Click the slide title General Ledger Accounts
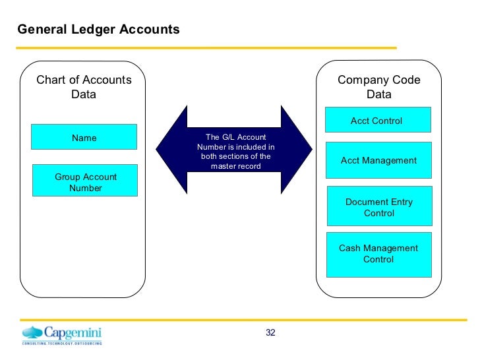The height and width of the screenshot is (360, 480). click(x=98, y=30)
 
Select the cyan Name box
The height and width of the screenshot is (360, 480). click(x=84, y=137)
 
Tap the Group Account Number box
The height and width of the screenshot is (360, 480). click(x=86, y=182)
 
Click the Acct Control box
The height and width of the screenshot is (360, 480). click(x=376, y=121)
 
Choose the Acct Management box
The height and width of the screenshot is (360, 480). click(x=378, y=160)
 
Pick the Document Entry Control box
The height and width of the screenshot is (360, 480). click(x=379, y=207)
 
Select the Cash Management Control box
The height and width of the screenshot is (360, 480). click(x=378, y=254)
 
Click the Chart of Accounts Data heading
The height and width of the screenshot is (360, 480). click(x=84, y=87)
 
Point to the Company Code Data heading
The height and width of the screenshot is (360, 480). click(x=378, y=87)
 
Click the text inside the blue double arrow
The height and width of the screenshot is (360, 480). click(x=235, y=152)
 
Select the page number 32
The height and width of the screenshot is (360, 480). click(x=270, y=332)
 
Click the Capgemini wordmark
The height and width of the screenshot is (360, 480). click(x=73, y=332)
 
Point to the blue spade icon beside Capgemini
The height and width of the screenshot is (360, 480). click(x=33, y=332)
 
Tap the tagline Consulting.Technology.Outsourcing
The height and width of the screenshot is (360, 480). click(x=62, y=344)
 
